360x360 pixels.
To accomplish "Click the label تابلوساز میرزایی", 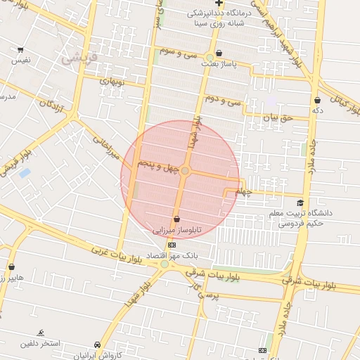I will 177,230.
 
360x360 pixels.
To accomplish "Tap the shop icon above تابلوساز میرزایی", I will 176,219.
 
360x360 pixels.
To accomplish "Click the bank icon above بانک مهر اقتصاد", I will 172,244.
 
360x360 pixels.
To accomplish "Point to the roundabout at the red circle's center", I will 185,171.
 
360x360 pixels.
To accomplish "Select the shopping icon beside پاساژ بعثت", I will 219,53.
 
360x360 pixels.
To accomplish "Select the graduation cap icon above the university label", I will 300,202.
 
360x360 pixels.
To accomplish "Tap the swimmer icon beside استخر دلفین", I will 41,333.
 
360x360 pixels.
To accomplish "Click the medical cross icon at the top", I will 219,4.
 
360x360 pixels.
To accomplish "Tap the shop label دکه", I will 318,110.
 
